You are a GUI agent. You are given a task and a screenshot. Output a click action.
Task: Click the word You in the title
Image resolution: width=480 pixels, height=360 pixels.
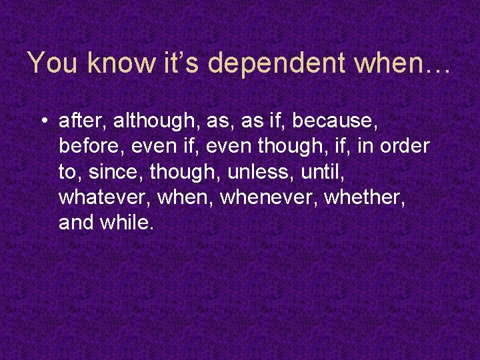(x=54, y=63)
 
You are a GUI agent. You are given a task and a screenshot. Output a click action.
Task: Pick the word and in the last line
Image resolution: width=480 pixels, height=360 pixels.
(x=75, y=223)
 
